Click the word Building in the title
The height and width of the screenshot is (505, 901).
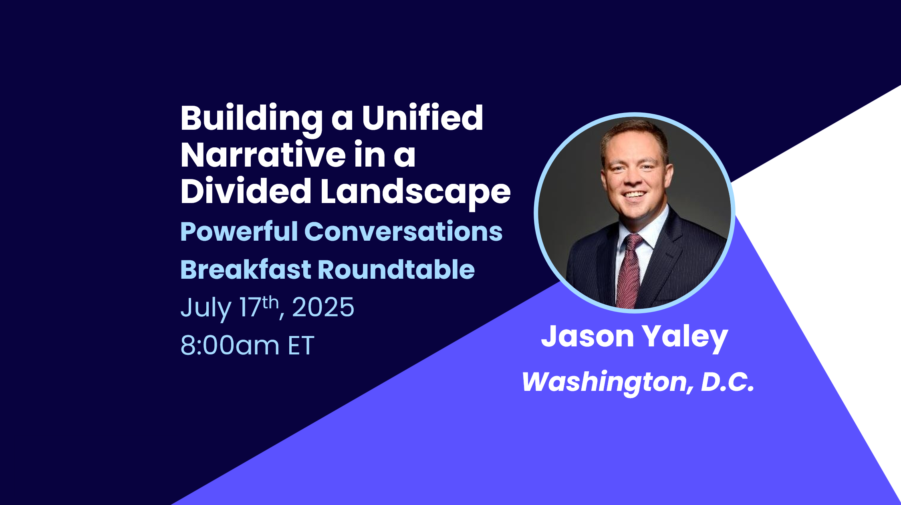[x=252, y=119]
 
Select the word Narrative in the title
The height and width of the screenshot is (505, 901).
[x=263, y=155]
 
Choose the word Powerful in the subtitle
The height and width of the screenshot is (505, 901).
[x=239, y=232]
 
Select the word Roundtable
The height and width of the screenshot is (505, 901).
[x=396, y=269]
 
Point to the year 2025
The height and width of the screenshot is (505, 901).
[x=323, y=307]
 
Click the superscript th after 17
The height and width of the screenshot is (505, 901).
[x=270, y=302]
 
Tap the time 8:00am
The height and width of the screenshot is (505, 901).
[x=230, y=345]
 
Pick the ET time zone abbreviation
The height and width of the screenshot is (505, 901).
[x=301, y=345]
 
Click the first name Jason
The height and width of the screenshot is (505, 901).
[x=587, y=336]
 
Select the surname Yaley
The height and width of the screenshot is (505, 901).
[x=685, y=338]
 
